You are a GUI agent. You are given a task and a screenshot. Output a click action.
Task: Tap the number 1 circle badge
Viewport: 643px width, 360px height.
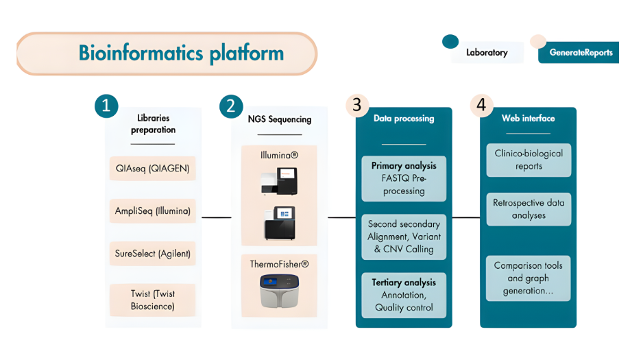coord(106,106)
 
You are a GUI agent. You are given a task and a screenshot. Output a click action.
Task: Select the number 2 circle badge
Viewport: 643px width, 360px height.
coord(231,106)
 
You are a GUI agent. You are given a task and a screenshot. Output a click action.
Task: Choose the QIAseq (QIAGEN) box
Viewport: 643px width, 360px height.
coord(152,168)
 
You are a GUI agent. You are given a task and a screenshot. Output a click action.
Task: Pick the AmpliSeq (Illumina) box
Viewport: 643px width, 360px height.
coord(152,211)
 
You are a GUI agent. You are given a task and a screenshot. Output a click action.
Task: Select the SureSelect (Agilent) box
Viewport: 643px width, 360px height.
coord(152,253)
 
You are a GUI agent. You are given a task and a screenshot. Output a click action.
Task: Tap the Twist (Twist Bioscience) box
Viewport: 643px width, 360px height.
coord(152,300)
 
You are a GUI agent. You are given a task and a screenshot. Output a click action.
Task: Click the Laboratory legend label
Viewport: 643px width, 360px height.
coord(487,53)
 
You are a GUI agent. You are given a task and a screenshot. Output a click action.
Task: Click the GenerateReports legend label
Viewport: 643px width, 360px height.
coord(581,53)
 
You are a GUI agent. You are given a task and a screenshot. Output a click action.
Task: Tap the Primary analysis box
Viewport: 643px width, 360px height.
coord(404,178)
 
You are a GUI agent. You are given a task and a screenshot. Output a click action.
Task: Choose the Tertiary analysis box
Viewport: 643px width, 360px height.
coord(404,295)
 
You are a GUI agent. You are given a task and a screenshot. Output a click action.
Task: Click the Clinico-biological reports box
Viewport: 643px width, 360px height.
coord(529,160)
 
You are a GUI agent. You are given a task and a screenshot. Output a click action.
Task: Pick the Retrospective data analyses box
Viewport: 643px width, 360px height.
coord(529,209)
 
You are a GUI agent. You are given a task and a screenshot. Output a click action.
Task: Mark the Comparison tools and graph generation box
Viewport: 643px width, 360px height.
coord(529,278)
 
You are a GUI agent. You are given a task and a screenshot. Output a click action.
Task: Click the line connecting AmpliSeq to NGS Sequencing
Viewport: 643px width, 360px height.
coord(217,217)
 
